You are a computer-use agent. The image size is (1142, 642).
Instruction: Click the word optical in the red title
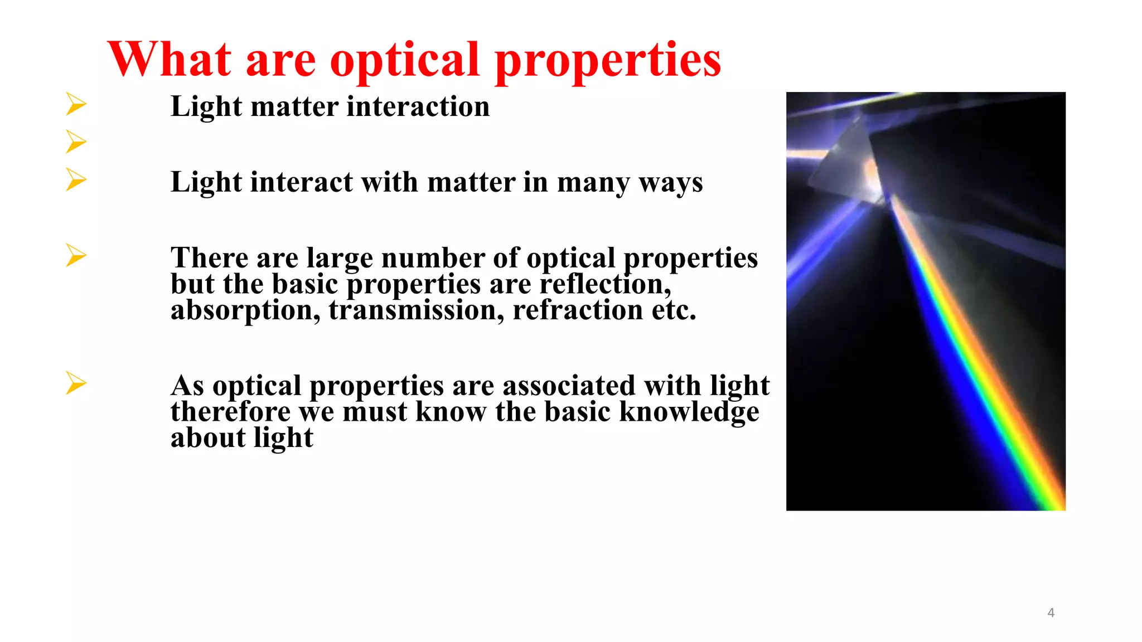405,60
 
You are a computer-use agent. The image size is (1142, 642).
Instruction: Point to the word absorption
245,310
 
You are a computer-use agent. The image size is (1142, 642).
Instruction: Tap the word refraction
578,310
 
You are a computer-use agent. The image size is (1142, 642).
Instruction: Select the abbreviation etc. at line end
674,310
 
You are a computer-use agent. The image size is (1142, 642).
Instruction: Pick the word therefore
230,412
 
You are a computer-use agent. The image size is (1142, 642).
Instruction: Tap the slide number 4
1051,612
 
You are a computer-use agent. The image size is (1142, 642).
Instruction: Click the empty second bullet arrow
76,142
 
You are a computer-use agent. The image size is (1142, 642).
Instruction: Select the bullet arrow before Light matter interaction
76,104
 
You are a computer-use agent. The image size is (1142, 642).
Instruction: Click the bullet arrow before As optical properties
76,383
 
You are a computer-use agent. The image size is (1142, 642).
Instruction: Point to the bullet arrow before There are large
76,255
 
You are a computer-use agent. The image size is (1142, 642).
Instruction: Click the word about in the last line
207,437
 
